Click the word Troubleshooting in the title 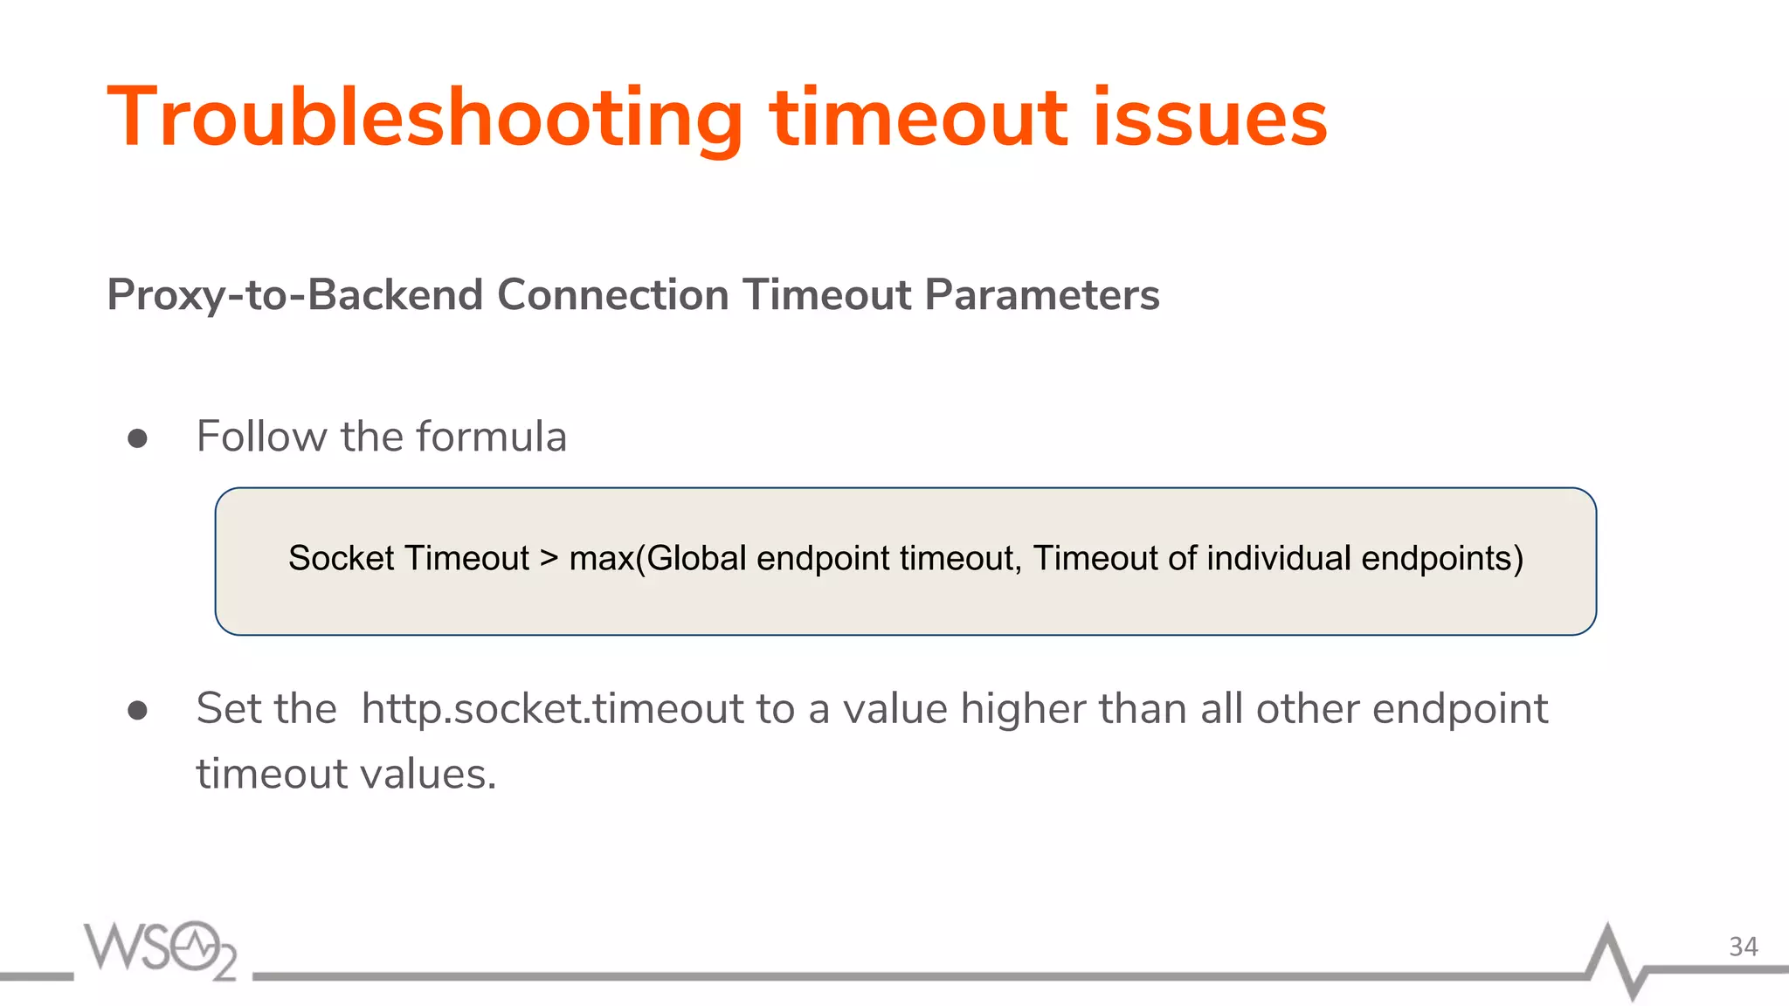(425, 119)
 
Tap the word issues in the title (1210, 117)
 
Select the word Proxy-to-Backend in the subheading (294, 295)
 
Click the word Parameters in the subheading (1042, 295)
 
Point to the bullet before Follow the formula (137, 438)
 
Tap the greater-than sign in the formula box (549, 558)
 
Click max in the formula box (601, 558)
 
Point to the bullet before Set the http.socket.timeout (137, 710)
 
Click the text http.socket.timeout (552, 708)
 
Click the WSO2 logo (161, 949)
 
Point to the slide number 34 (1743, 947)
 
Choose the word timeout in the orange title (918, 117)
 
